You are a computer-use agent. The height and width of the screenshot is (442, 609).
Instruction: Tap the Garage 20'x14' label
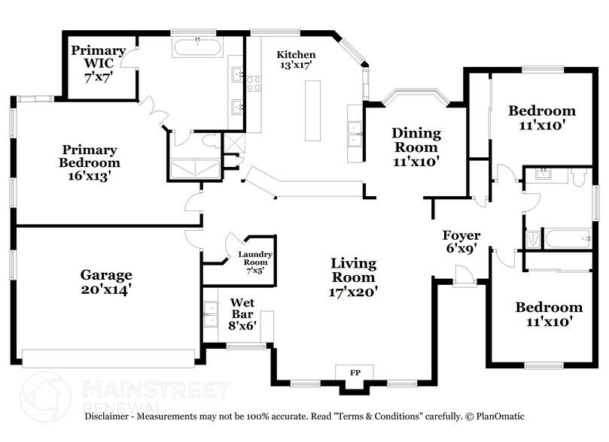point(106,282)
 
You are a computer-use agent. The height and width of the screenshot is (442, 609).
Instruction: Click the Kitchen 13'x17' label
point(296,61)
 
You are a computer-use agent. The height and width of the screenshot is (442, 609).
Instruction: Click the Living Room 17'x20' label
point(354,277)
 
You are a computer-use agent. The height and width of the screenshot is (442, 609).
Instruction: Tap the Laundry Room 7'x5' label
point(255,260)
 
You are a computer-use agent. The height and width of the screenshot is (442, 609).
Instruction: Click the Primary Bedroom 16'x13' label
point(90,162)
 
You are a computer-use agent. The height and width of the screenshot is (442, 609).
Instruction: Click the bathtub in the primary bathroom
point(197,47)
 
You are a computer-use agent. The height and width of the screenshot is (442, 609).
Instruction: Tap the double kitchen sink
point(352,134)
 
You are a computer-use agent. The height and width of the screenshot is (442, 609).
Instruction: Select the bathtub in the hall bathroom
point(567,239)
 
